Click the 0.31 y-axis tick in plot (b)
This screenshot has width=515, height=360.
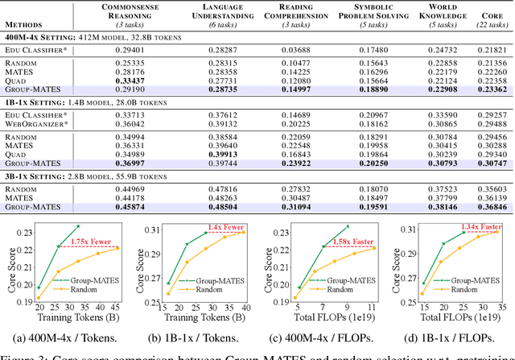coord(150,230)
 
